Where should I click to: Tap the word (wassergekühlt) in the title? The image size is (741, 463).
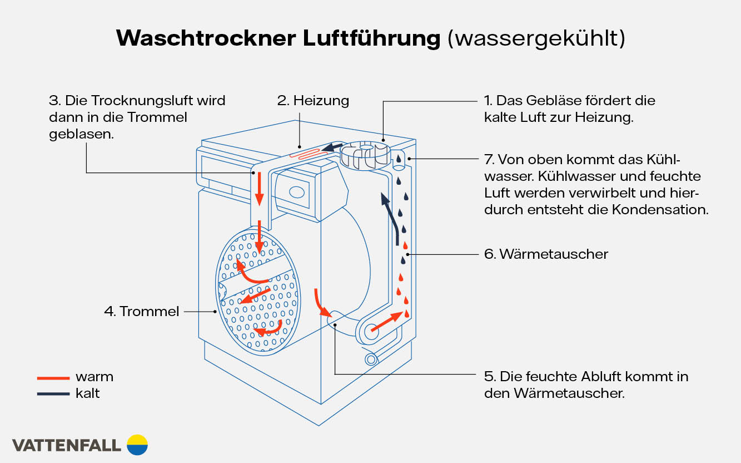[536, 38]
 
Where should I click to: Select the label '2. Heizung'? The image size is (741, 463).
[314, 101]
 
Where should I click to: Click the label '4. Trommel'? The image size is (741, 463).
[142, 311]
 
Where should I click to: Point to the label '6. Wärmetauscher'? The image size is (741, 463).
[546, 254]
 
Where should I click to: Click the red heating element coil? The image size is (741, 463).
[305, 154]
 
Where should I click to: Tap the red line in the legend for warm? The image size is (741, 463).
[52, 378]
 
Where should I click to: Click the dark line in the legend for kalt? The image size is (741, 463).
[52, 394]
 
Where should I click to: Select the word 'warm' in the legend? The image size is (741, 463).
[95, 377]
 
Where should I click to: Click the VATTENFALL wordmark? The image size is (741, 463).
[66, 445]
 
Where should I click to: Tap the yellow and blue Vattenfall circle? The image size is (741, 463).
[137, 445]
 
